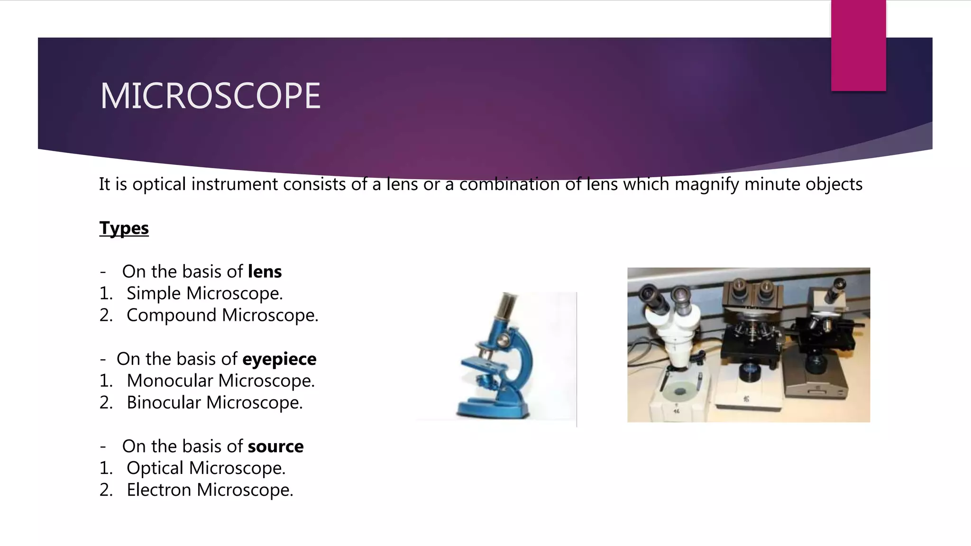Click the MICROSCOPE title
tap(210, 96)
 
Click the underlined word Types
tap(124, 228)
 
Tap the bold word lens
tap(265, 272)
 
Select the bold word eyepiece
tap(279, 359)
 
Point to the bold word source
tap(275, 446)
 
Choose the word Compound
tap(171, 315)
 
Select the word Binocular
tap(164, 402)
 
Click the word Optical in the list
tap(155, 468)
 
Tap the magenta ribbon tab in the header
tap(858, 45)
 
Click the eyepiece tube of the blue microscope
tap(505, 308)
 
